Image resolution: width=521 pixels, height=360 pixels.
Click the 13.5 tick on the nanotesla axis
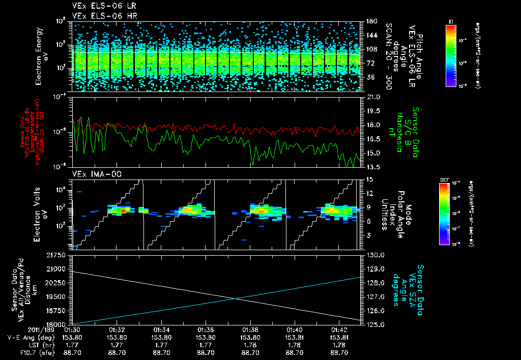pyautogui.click(x=373, y=167)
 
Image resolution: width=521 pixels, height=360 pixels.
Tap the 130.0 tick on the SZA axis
pyautogui.click(x=375, y=254)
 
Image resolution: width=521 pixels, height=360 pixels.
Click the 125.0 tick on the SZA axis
pyautogui.click(x=375, y=324)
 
